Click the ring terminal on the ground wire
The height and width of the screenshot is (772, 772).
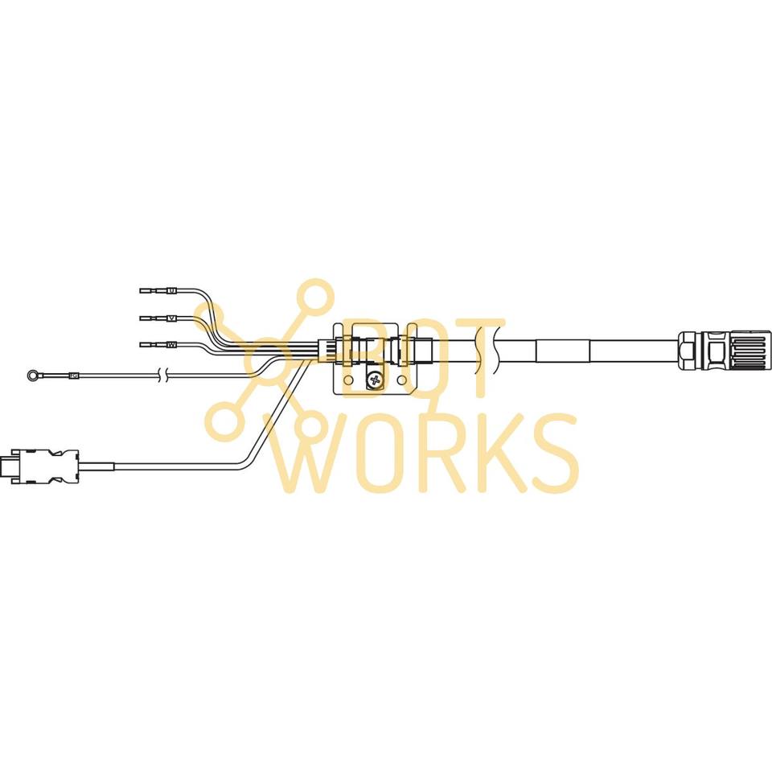[31, 373]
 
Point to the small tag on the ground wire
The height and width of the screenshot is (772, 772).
[73, 374]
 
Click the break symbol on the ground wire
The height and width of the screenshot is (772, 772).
[164, 374]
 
